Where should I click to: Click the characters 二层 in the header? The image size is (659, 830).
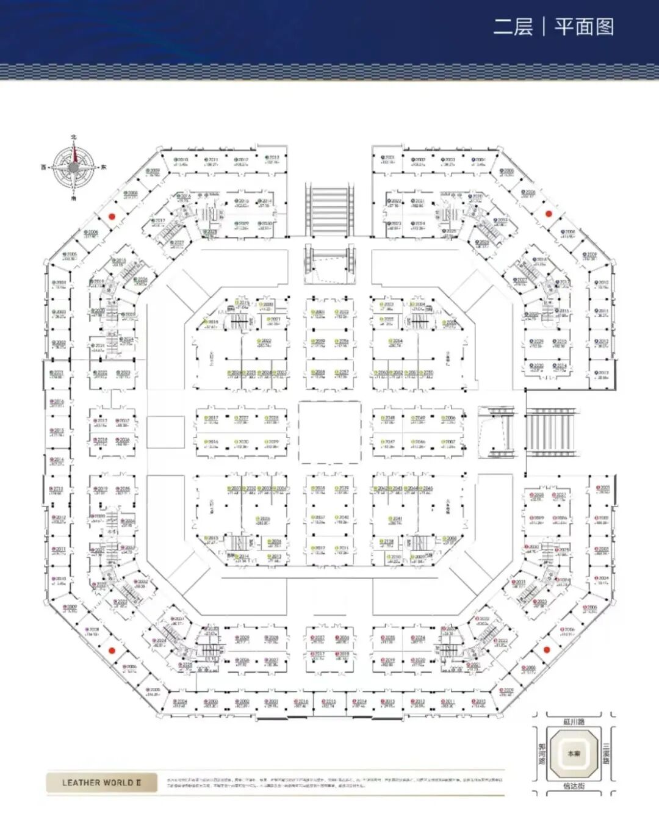[x=513, y=27]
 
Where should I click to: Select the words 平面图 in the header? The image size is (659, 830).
[x=584, y=27]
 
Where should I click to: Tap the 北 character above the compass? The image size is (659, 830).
[x=73, y=138]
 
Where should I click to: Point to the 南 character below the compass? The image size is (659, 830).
[x=73, y=198]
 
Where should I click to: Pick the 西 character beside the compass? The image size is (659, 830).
[x=44, y=167]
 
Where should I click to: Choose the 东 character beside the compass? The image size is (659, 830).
[x=103, y=167]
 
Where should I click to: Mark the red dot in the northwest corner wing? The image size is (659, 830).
[x=112, y=215]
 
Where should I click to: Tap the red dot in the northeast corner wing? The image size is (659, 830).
[x=548, y=214]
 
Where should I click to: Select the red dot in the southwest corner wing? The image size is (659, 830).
[x=112, y=650]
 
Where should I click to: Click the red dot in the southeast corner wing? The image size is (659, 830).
[x=547, y=649]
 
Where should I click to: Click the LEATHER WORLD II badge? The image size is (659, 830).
[x=101, y=782]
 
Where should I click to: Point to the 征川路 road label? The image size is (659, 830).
[x=574, y=722]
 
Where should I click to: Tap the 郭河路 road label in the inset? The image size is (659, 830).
[x=541, y=753]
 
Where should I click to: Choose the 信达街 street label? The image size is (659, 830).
[x=574, y=786]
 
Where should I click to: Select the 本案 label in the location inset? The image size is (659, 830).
[x=574, y=754]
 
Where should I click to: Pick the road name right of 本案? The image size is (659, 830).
[x=607, y=753]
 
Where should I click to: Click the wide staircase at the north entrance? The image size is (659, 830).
[x=329, y=211]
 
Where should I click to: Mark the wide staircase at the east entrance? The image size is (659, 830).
[x=550, y=432]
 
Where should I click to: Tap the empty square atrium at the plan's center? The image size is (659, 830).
[x=329, y=432]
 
